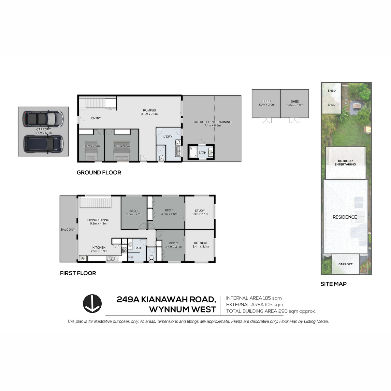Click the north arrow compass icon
click(92, 304)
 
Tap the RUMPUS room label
click(149, 110)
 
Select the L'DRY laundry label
click(168, 137)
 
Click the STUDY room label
click(200, 210)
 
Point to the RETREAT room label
click(201, 243)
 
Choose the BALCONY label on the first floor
click(68, 229)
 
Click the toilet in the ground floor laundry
click(161, 157)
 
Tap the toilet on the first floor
click(151, 258)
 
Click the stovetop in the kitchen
click(124, 250)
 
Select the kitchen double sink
click(112, 259)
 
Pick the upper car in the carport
click(43, 119)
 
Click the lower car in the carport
click(43, 144)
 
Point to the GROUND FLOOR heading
click(99, 172)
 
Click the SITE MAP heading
click(333, 284)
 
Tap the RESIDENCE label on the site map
click(344, 217)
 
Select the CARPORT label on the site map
click(345, 264)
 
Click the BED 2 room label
click(173, 243)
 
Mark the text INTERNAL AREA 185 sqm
click(254, 298)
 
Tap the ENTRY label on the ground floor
click(96, 118)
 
